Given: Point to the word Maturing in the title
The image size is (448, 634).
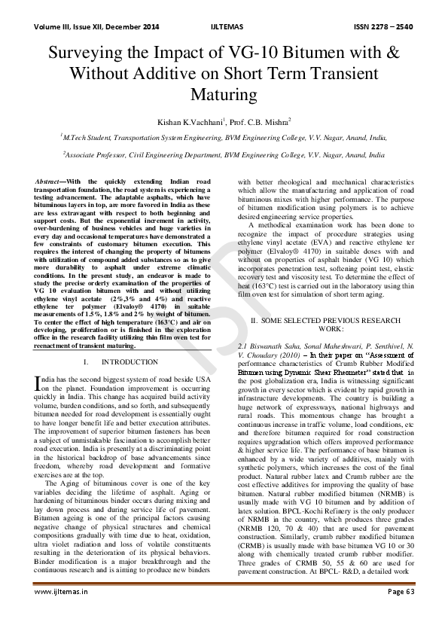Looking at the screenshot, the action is (224, 96).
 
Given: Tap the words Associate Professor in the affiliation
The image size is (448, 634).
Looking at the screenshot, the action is (97, 155).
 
